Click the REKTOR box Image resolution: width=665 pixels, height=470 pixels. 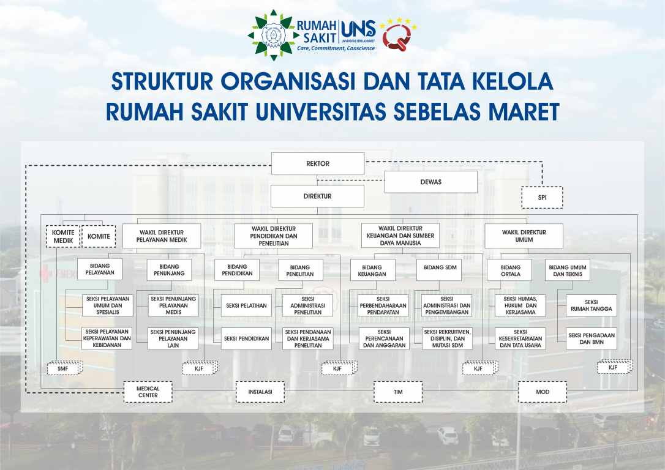318,164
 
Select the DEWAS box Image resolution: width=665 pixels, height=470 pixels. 430,182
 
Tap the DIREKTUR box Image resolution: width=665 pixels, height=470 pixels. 317,196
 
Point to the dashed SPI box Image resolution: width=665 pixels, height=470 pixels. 542,198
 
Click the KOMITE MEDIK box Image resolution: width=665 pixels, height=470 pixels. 63,236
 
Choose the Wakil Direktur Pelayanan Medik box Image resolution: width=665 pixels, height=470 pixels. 162,236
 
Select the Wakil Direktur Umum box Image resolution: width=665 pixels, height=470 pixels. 524,236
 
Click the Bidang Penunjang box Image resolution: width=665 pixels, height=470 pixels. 169,270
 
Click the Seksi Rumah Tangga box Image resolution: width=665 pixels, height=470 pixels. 591,305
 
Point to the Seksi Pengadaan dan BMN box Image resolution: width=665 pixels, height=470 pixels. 591,338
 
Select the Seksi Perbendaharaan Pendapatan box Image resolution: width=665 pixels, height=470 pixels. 384,305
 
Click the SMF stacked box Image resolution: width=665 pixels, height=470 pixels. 64,368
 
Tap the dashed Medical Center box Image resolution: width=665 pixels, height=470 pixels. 148,392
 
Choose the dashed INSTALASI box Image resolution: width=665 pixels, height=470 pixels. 260,392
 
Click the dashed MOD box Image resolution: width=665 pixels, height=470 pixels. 542,392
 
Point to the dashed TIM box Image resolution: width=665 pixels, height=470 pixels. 398,392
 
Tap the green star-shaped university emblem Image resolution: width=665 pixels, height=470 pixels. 270,35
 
